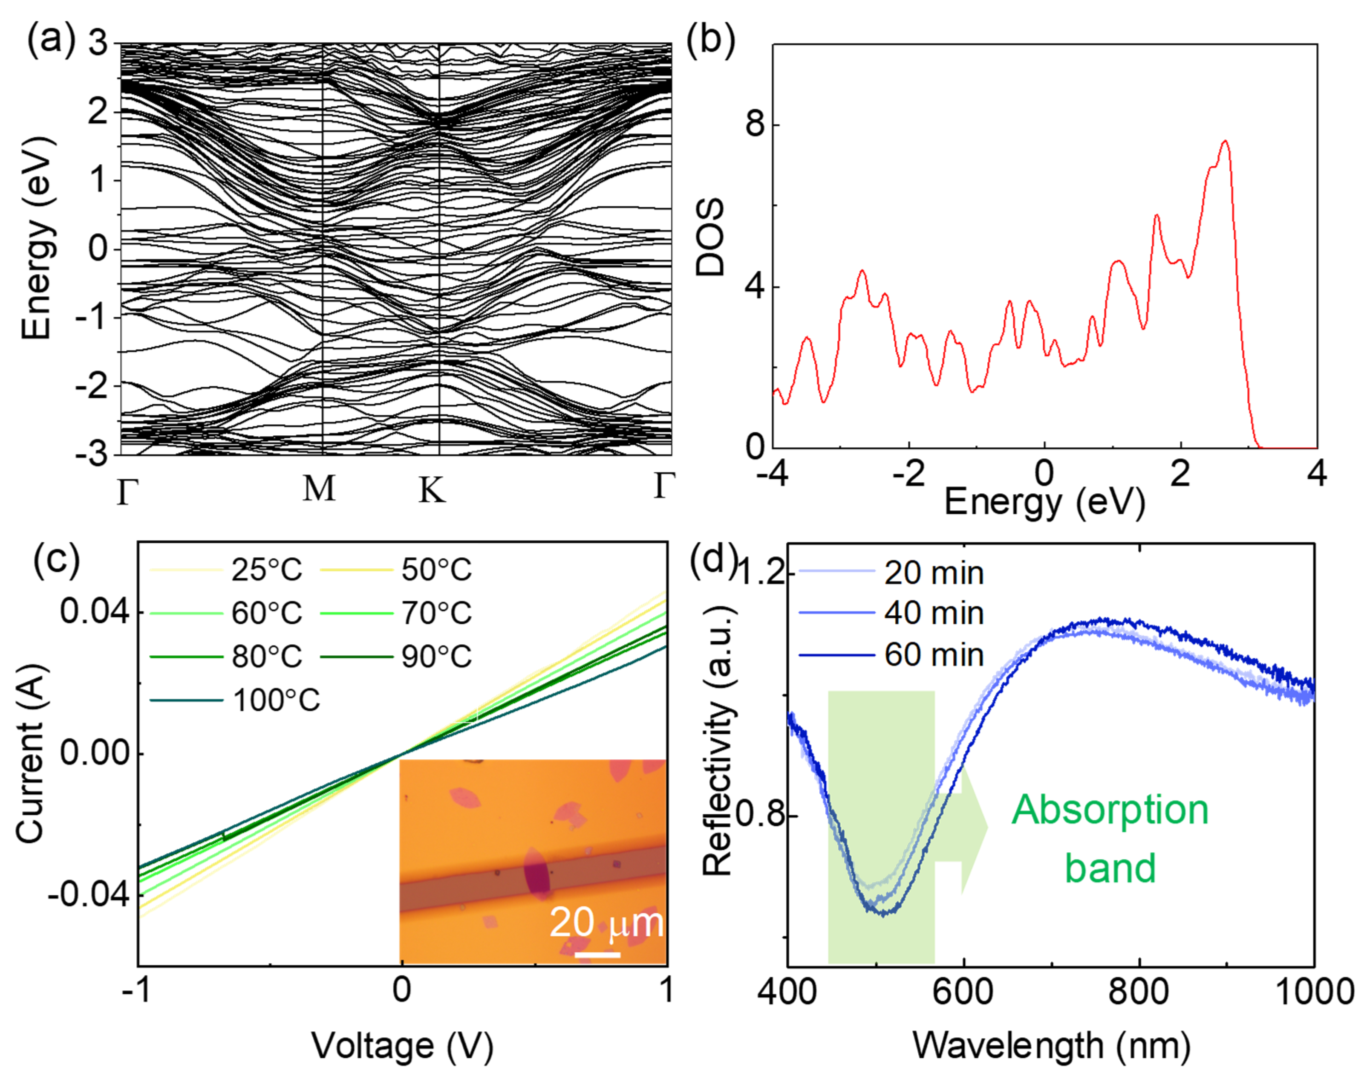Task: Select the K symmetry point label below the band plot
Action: tap(432, 489)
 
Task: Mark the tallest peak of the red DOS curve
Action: tap(1226, 142)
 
